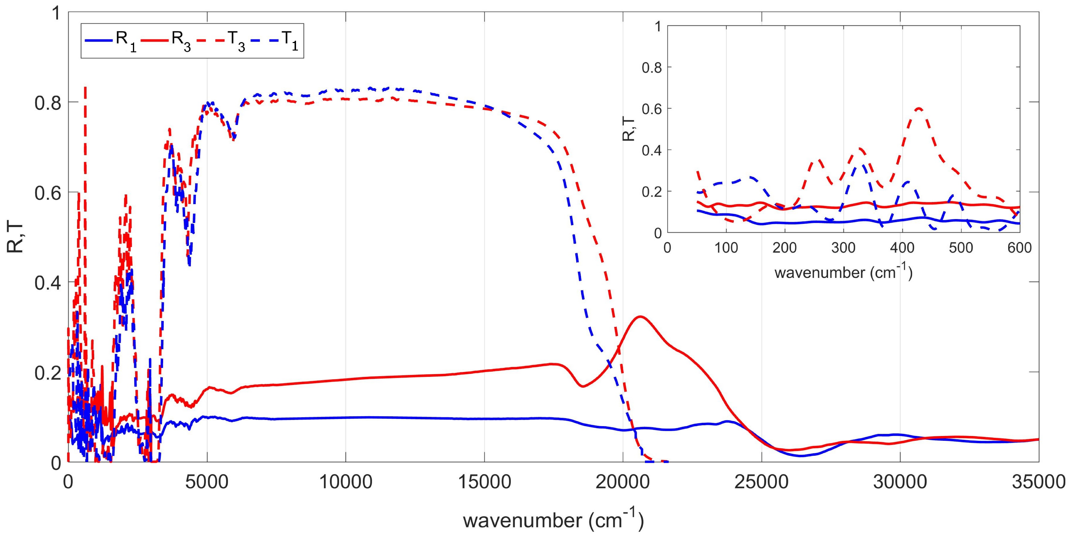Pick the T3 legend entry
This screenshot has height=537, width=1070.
click(223, 40)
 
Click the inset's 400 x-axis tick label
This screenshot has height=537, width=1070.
click(902, 248)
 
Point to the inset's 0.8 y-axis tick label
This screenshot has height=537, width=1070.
click(651, 67)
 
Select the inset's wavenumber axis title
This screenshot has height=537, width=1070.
click(843, 272)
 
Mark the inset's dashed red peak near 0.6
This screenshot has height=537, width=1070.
click(918, 109)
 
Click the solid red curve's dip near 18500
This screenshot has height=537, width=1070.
click(583, 386)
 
